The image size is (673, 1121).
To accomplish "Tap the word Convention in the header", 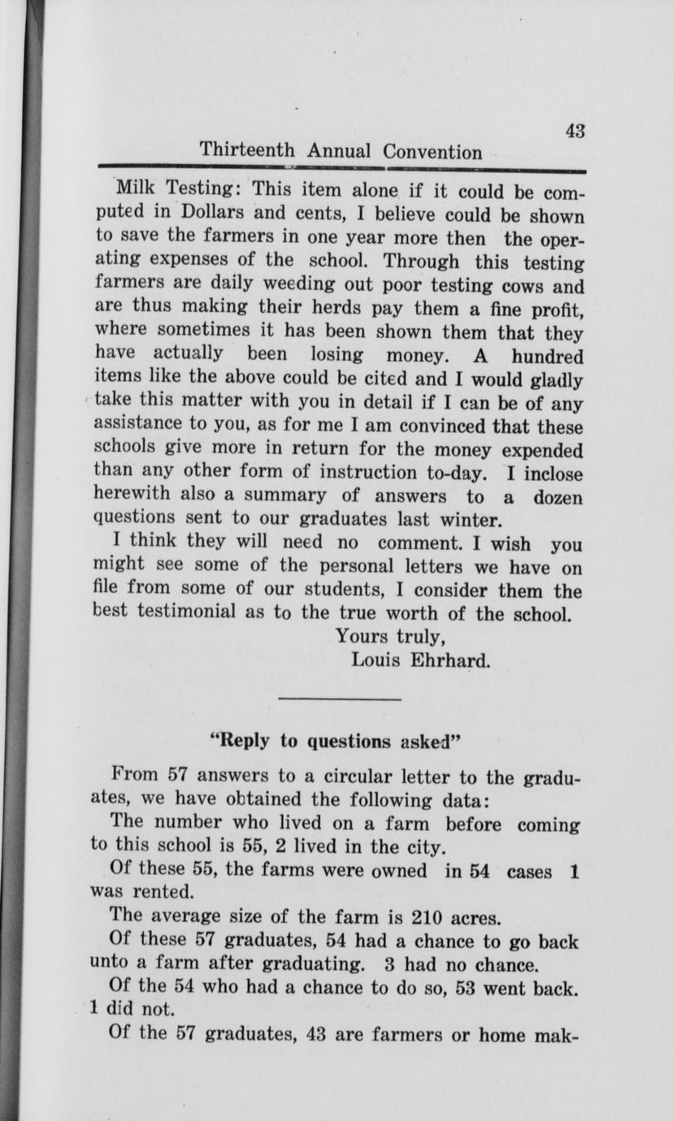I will click(x=432, y=153).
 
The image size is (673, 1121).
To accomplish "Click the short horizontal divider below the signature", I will click(x=339, y=699).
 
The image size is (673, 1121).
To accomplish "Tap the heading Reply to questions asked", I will click(x=336, y=741).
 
